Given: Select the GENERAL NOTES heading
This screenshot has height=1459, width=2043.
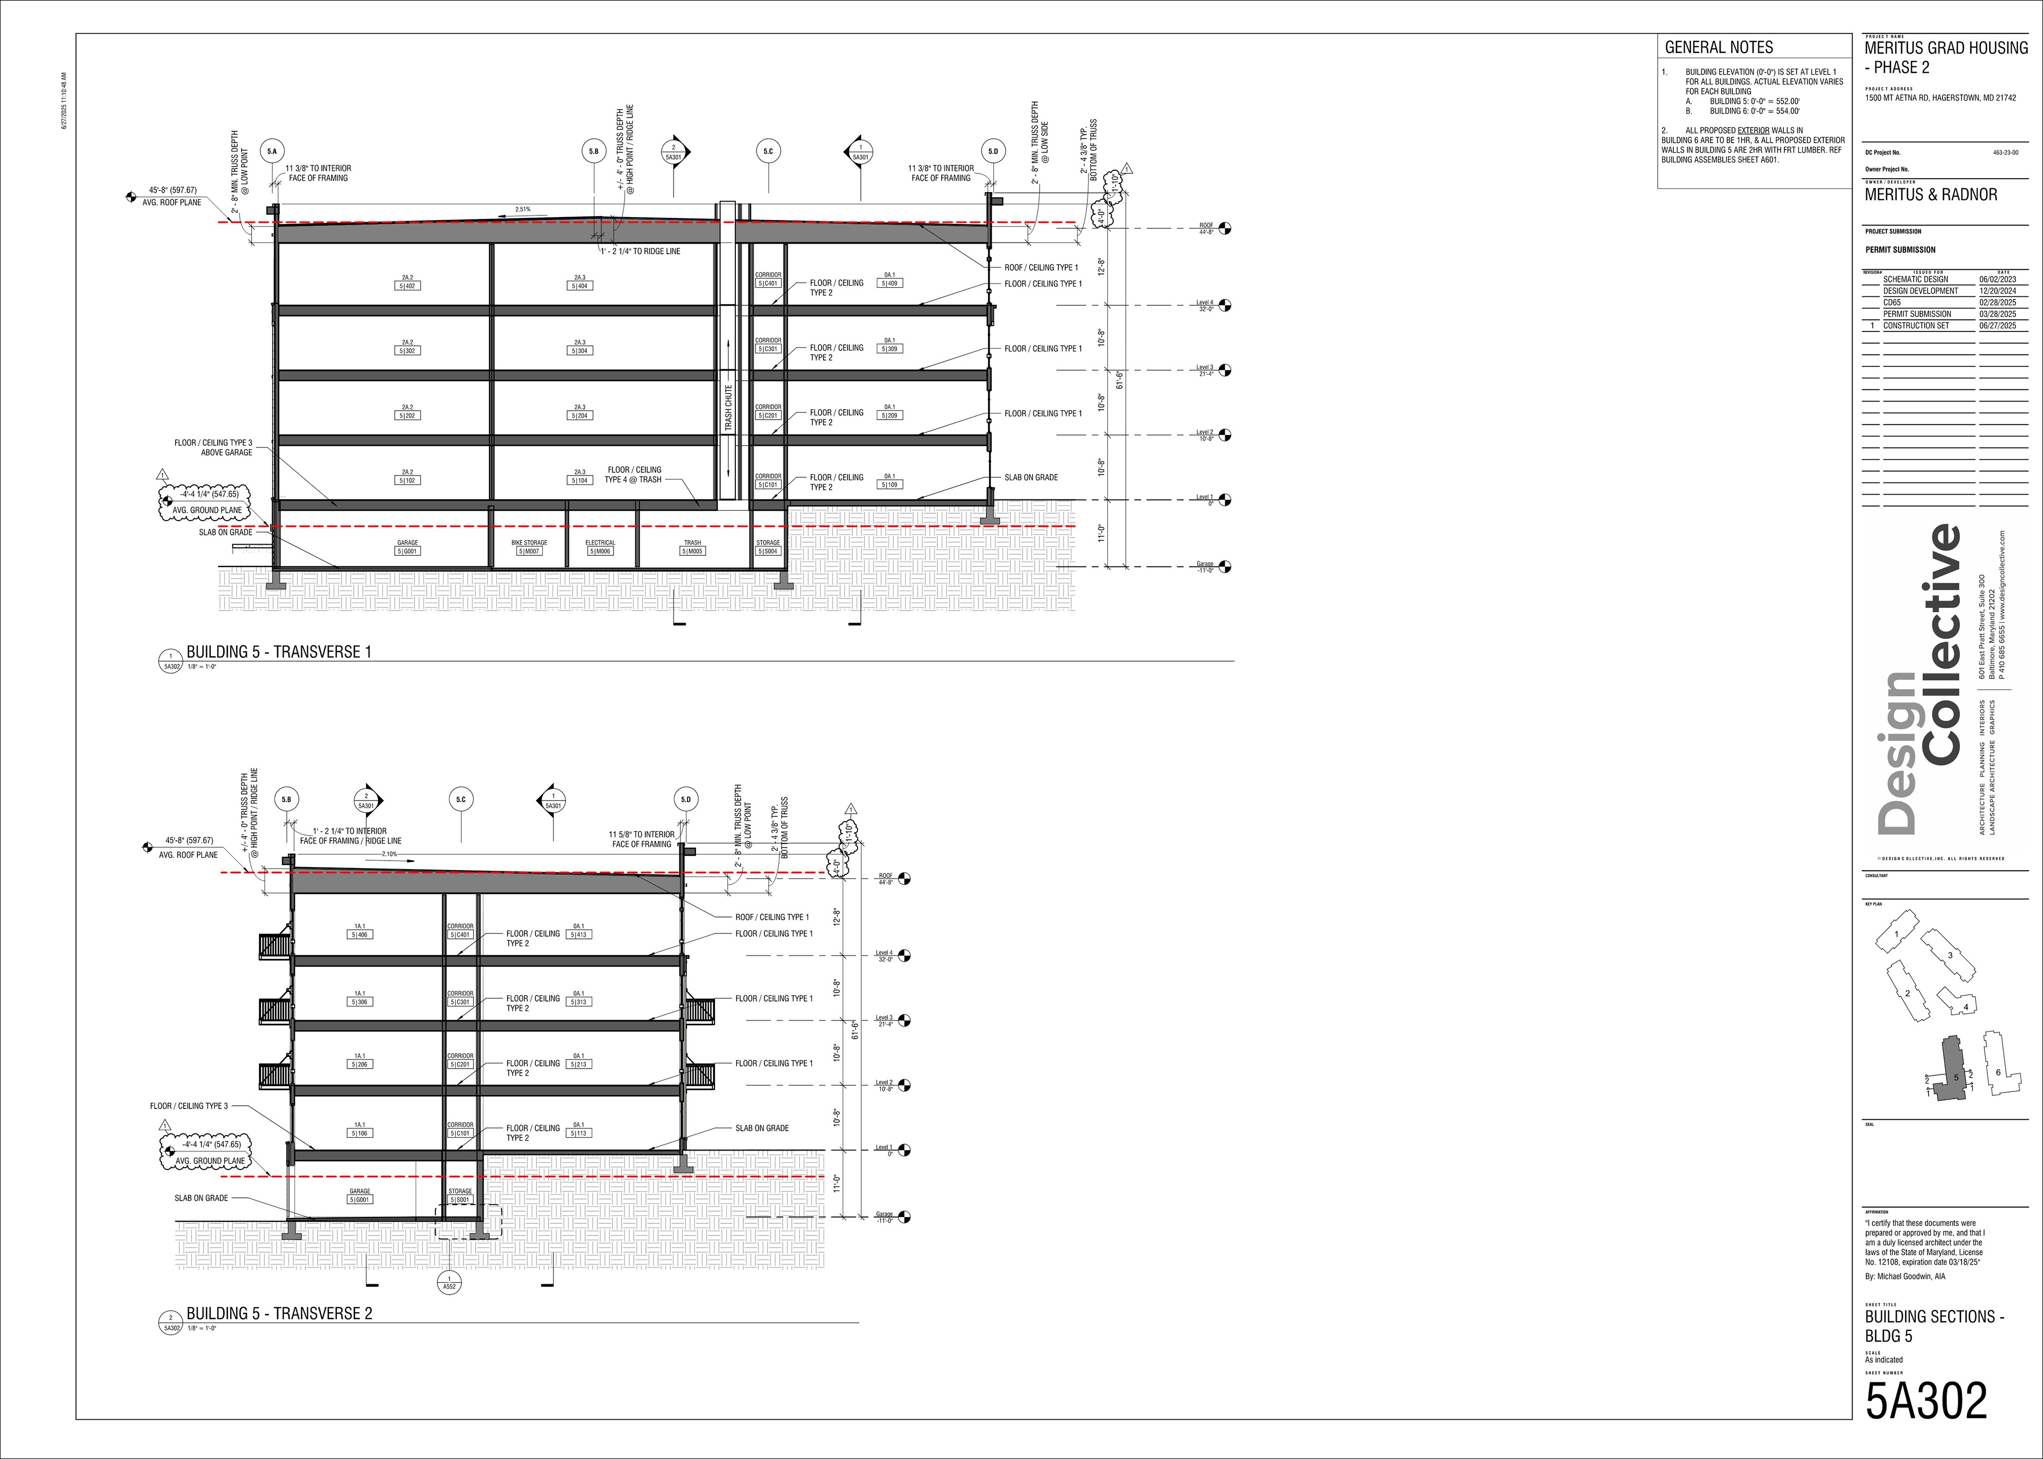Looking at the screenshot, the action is [x=1718, y=48].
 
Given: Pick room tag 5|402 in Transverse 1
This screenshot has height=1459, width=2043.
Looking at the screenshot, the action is [x=408, y=286].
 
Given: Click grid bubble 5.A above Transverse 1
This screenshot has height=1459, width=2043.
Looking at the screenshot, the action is [x=272, y=152].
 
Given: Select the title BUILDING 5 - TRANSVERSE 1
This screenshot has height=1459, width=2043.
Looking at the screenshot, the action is [x=278, y=652].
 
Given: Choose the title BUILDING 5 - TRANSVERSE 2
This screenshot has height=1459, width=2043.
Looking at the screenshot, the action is [x=278, y=1313].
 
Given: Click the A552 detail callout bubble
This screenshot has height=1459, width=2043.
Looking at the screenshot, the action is [x=449, y=1282].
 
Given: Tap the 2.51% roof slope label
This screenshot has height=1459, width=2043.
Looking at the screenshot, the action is [x=522, y=210].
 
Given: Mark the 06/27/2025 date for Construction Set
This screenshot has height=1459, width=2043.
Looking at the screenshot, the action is [x=1997, y=325].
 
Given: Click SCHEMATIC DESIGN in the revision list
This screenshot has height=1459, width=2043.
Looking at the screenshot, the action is [x=1915, y=279].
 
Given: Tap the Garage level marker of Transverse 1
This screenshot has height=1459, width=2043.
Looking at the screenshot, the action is [x=1225, y=567].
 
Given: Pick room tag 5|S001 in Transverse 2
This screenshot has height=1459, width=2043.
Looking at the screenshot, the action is [x=460, y=1199].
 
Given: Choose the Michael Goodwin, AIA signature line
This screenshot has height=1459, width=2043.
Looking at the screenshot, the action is [x=1905, y=1275].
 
